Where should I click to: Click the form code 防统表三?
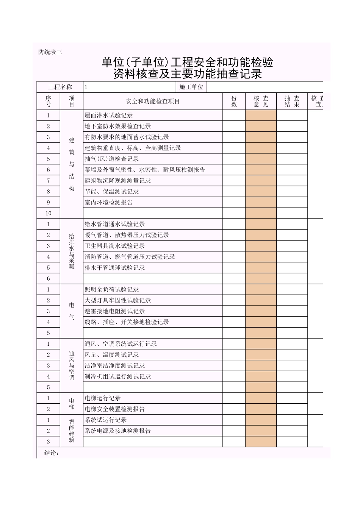click(x=50, y=52)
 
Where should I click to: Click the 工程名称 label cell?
click(x=60, y=87)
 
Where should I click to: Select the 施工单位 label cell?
click(x=191, y=87)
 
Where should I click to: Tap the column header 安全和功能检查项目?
click(x=153, y=101)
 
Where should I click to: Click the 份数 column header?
click(x=234, y=101)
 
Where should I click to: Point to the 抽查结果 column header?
click(x=292, y=101)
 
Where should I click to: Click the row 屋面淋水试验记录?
click(x=109, y=116)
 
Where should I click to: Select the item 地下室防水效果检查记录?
click(x=118, y=126)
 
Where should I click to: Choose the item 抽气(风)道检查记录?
click(x=112, y=159)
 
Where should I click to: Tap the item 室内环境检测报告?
click(x=109, y=203)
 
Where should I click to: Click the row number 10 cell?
click(x=49, y=213)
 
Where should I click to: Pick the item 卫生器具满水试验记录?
click(x=115, y=246)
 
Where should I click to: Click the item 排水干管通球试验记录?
click(x=115, y=268)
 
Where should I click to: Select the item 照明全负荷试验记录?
click(x=112, y=290)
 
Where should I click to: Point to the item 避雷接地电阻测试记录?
click(x=115, y=311)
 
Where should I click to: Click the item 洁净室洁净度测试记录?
click(x=115, y=366)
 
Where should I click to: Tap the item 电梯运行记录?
click(x=103, y=398)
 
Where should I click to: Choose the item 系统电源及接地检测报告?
click(x=118, y=431)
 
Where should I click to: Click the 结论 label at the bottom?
click(x=52, y=453)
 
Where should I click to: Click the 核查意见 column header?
click(x=261, y=101)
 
